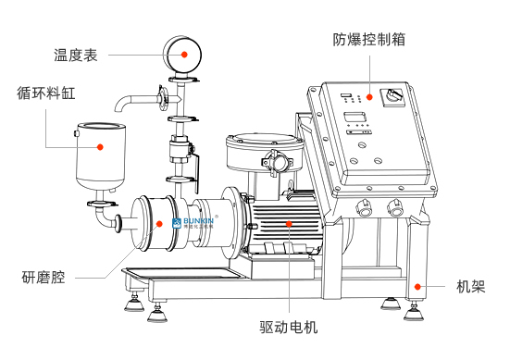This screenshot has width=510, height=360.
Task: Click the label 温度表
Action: point(76,55)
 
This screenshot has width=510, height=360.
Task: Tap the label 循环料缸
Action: point(46,93)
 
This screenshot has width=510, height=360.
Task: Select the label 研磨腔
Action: point(44,278)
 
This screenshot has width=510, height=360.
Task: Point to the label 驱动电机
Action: point(289,328)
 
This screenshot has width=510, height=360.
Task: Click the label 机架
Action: point(470,287)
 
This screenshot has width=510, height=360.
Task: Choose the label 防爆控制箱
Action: point(368,40)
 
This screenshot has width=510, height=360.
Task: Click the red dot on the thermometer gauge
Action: point(184,55)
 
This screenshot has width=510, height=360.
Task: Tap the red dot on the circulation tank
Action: point(100,147)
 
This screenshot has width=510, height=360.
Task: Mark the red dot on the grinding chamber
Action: point(159,224)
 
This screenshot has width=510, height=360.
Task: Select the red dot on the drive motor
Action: point(289,223)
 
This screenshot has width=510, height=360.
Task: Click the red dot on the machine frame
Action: point(417,287)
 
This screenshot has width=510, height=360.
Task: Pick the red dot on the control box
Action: point(369,97)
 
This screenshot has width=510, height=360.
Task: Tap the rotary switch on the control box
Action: point(393,96)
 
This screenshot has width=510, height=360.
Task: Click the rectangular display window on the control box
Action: point(355,117)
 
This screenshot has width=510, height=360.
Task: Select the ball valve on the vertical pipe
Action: point(180,150)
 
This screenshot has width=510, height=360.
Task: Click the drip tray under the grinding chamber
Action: point(185,274)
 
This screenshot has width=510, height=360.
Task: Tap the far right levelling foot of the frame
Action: point(414,313)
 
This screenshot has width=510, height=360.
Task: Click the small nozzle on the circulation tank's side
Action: point(77,133)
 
